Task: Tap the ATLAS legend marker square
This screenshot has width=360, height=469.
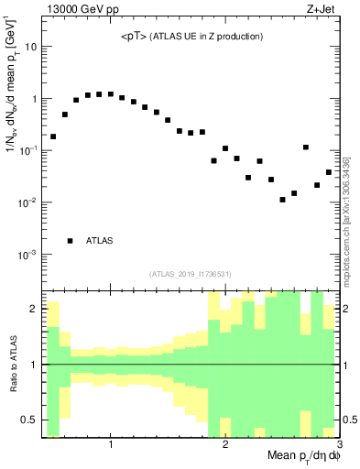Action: coord(71,241)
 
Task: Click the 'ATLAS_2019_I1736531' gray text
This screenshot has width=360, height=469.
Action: coord(190,274)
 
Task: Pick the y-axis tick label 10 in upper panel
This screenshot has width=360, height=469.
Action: coord(30,46)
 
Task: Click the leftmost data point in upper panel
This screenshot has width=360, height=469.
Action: coord(53,136)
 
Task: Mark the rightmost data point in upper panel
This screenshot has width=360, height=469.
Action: coord(329,172)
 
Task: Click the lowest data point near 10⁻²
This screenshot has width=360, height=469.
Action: coord(283,200)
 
